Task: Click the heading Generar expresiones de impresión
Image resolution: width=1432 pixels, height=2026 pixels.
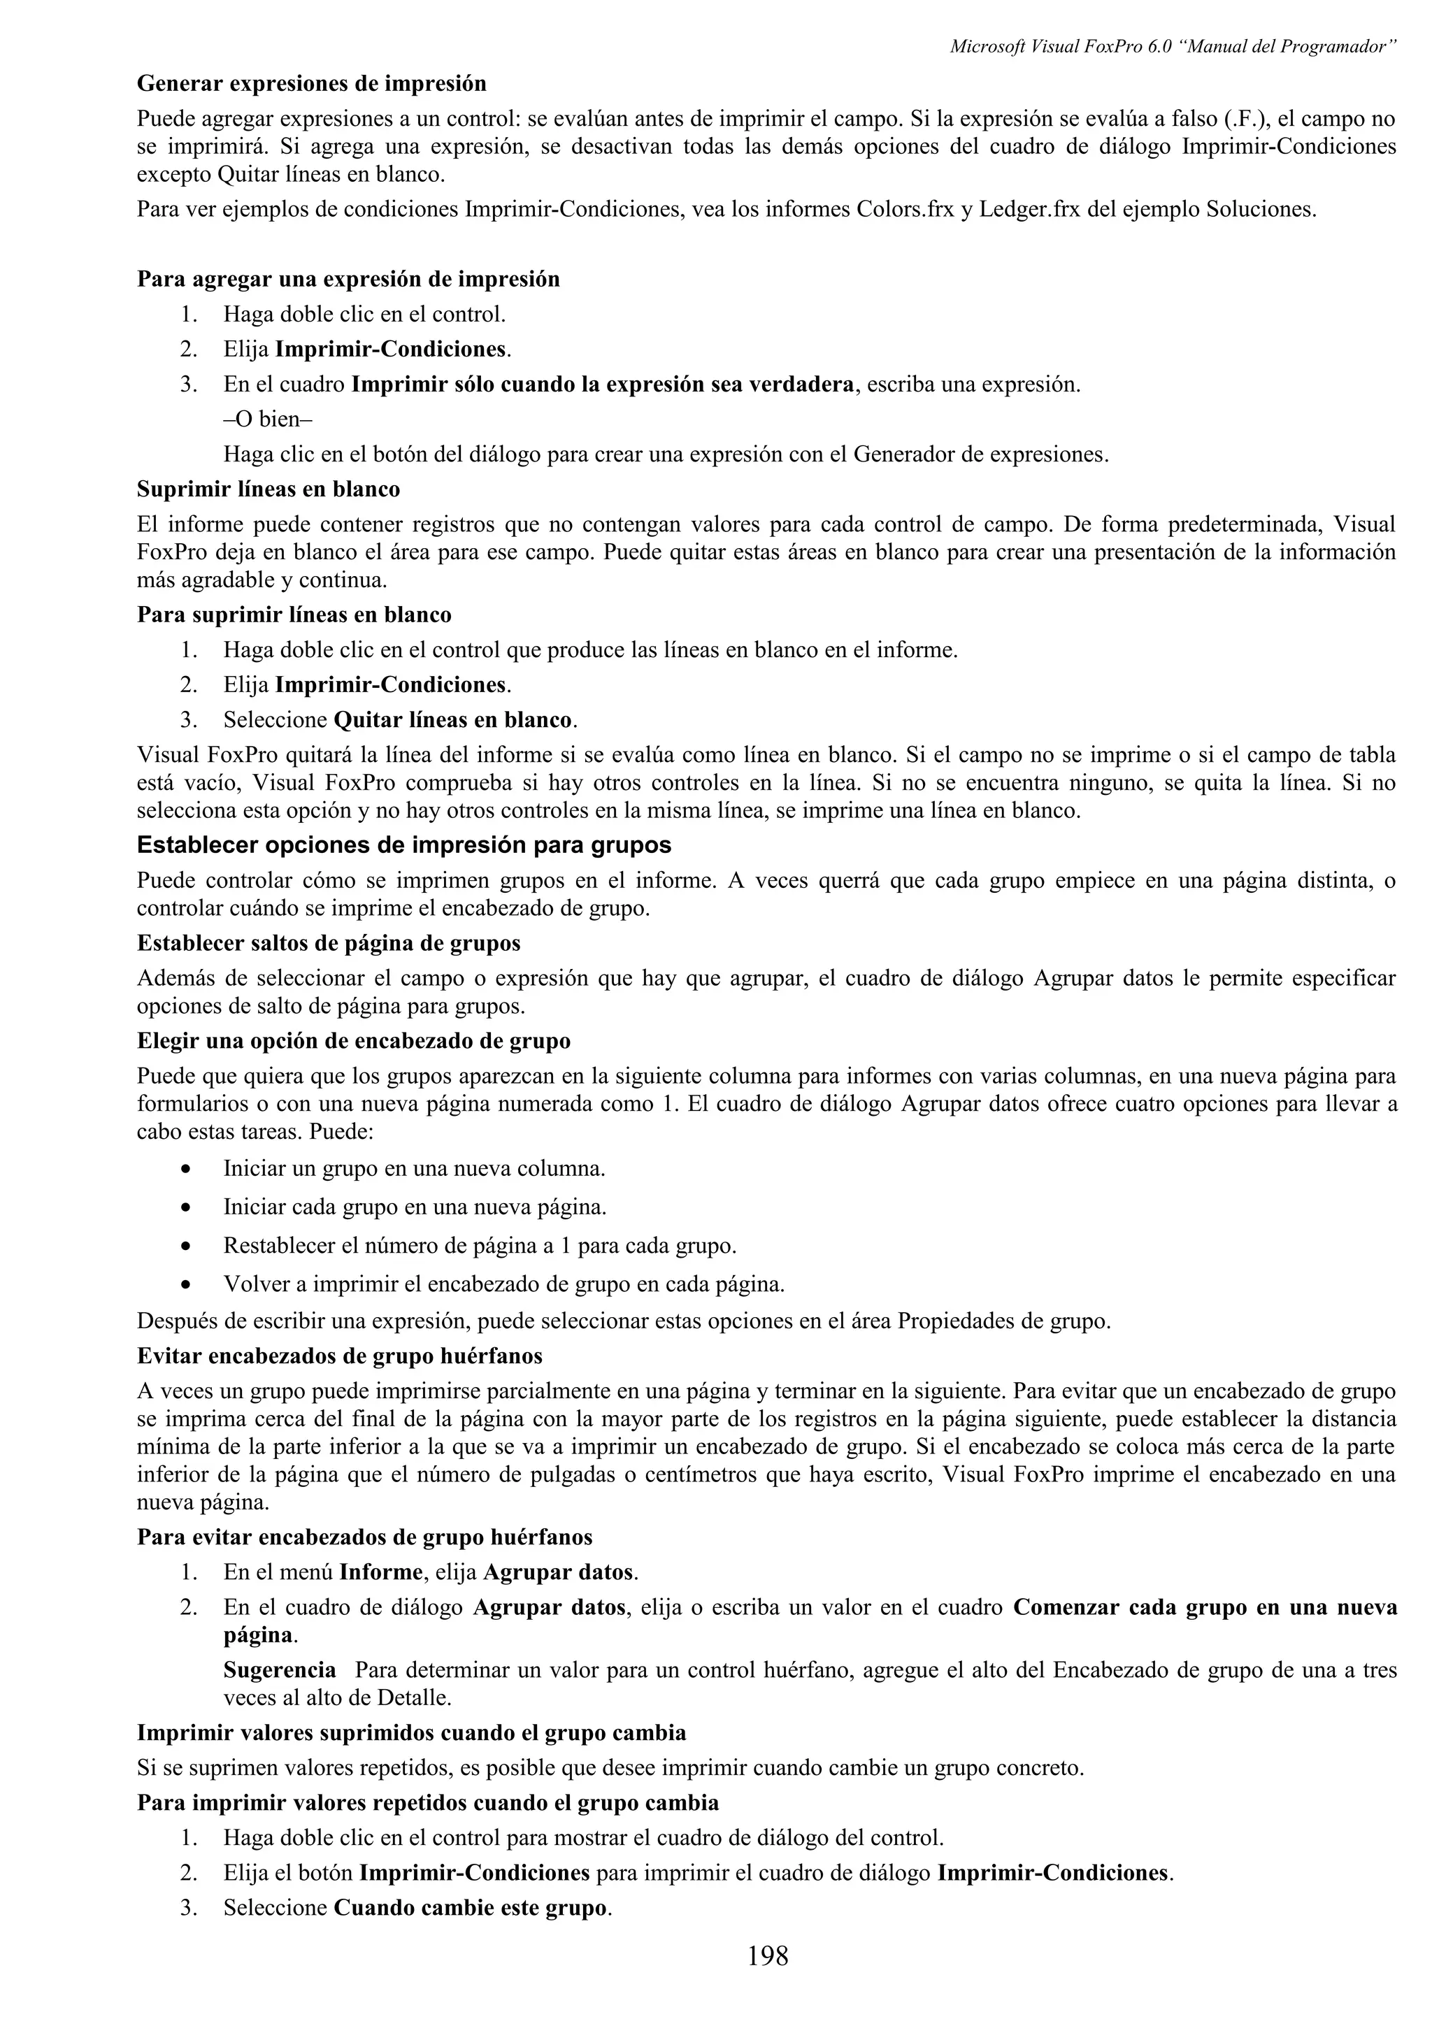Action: pyautogui.click(x=311, y=84)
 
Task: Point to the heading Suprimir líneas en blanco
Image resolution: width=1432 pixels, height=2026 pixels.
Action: pyautogui.click(x=268, y=489)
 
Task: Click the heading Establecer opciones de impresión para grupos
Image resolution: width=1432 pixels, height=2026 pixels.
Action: pyautogui.click(x=403, y=845)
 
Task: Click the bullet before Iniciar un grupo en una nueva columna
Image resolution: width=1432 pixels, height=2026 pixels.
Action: pyautogui.click(x=185, y=1169)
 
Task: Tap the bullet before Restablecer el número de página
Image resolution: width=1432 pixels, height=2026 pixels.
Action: pyautogui.click(x=185, y=1246)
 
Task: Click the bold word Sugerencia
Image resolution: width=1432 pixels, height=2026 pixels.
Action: pyautogui.click(x=280, y=1669)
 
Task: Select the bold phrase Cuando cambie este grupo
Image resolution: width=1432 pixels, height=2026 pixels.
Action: pyautogui.click(x=471, y=1908)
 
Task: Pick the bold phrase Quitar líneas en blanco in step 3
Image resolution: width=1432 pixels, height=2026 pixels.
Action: pyautogui.click(x=452, y=720)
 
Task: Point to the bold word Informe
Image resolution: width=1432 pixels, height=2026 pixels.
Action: pyautogui.click(x=381, y=1572)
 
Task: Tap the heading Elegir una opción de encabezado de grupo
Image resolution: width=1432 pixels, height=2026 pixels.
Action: pyautogui.click(x=354, y=1041)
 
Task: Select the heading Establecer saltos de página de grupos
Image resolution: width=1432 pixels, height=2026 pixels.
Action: pyautogui.click(x=328, y=943)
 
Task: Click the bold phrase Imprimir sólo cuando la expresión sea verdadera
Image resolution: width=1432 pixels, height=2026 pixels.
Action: pyautogui.click(x=603, y=385)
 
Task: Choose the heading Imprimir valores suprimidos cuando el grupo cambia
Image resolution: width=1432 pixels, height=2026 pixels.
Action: pyautogui.click(x=411, y=1732)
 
